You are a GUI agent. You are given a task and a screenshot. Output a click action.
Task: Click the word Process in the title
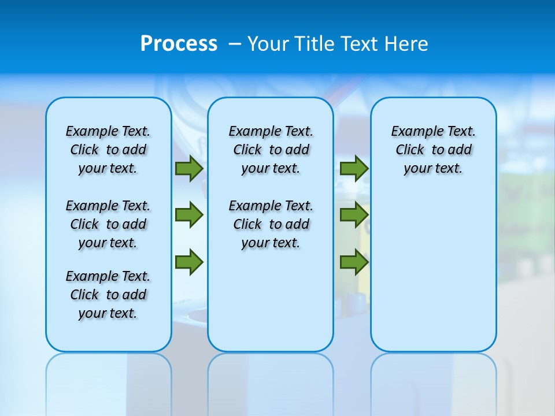179,44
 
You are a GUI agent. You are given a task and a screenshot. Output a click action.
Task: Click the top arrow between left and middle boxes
189,169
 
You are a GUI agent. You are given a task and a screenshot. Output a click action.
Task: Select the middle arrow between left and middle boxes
189,215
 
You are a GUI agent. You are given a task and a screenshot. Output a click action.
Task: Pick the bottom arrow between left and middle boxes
189,262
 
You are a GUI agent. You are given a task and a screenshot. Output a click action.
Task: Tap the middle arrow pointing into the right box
354,215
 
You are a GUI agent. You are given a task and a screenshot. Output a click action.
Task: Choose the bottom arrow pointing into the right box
354,262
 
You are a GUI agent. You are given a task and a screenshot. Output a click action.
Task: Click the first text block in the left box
108,150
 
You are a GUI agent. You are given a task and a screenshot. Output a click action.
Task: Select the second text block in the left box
108,224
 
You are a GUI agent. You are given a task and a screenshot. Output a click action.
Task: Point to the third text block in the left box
108,295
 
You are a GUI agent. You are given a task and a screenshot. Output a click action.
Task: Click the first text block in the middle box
271,150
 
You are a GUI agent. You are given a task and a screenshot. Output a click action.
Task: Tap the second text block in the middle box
271,224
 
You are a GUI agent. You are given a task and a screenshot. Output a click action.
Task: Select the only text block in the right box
433,150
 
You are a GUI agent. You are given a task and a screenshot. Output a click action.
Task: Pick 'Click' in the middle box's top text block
247,150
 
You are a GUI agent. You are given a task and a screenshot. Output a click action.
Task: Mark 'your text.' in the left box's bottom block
108,313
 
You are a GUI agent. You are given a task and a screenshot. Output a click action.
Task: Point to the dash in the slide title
235,44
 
